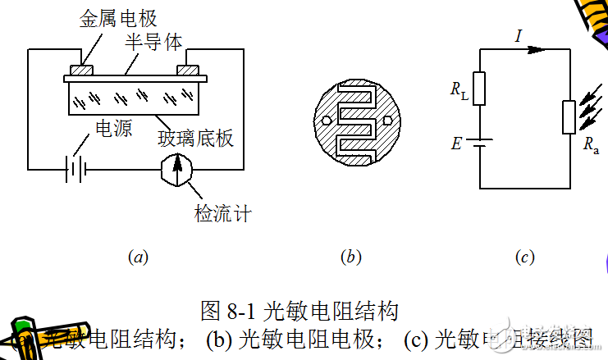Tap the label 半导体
(x=153, y=42)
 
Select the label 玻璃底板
(x=196, y=138)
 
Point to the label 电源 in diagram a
(x=114, y=129)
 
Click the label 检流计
(x=222, y=214)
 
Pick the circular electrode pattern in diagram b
(x=351, y=120)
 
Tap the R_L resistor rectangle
(x=480, y=89)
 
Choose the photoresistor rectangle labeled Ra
(x=568, y=116)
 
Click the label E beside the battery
(x=455, y=144)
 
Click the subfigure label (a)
(x=138, y=257)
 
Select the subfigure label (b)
(x=350, y=257)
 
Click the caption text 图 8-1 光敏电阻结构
(x=299, y=311)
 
